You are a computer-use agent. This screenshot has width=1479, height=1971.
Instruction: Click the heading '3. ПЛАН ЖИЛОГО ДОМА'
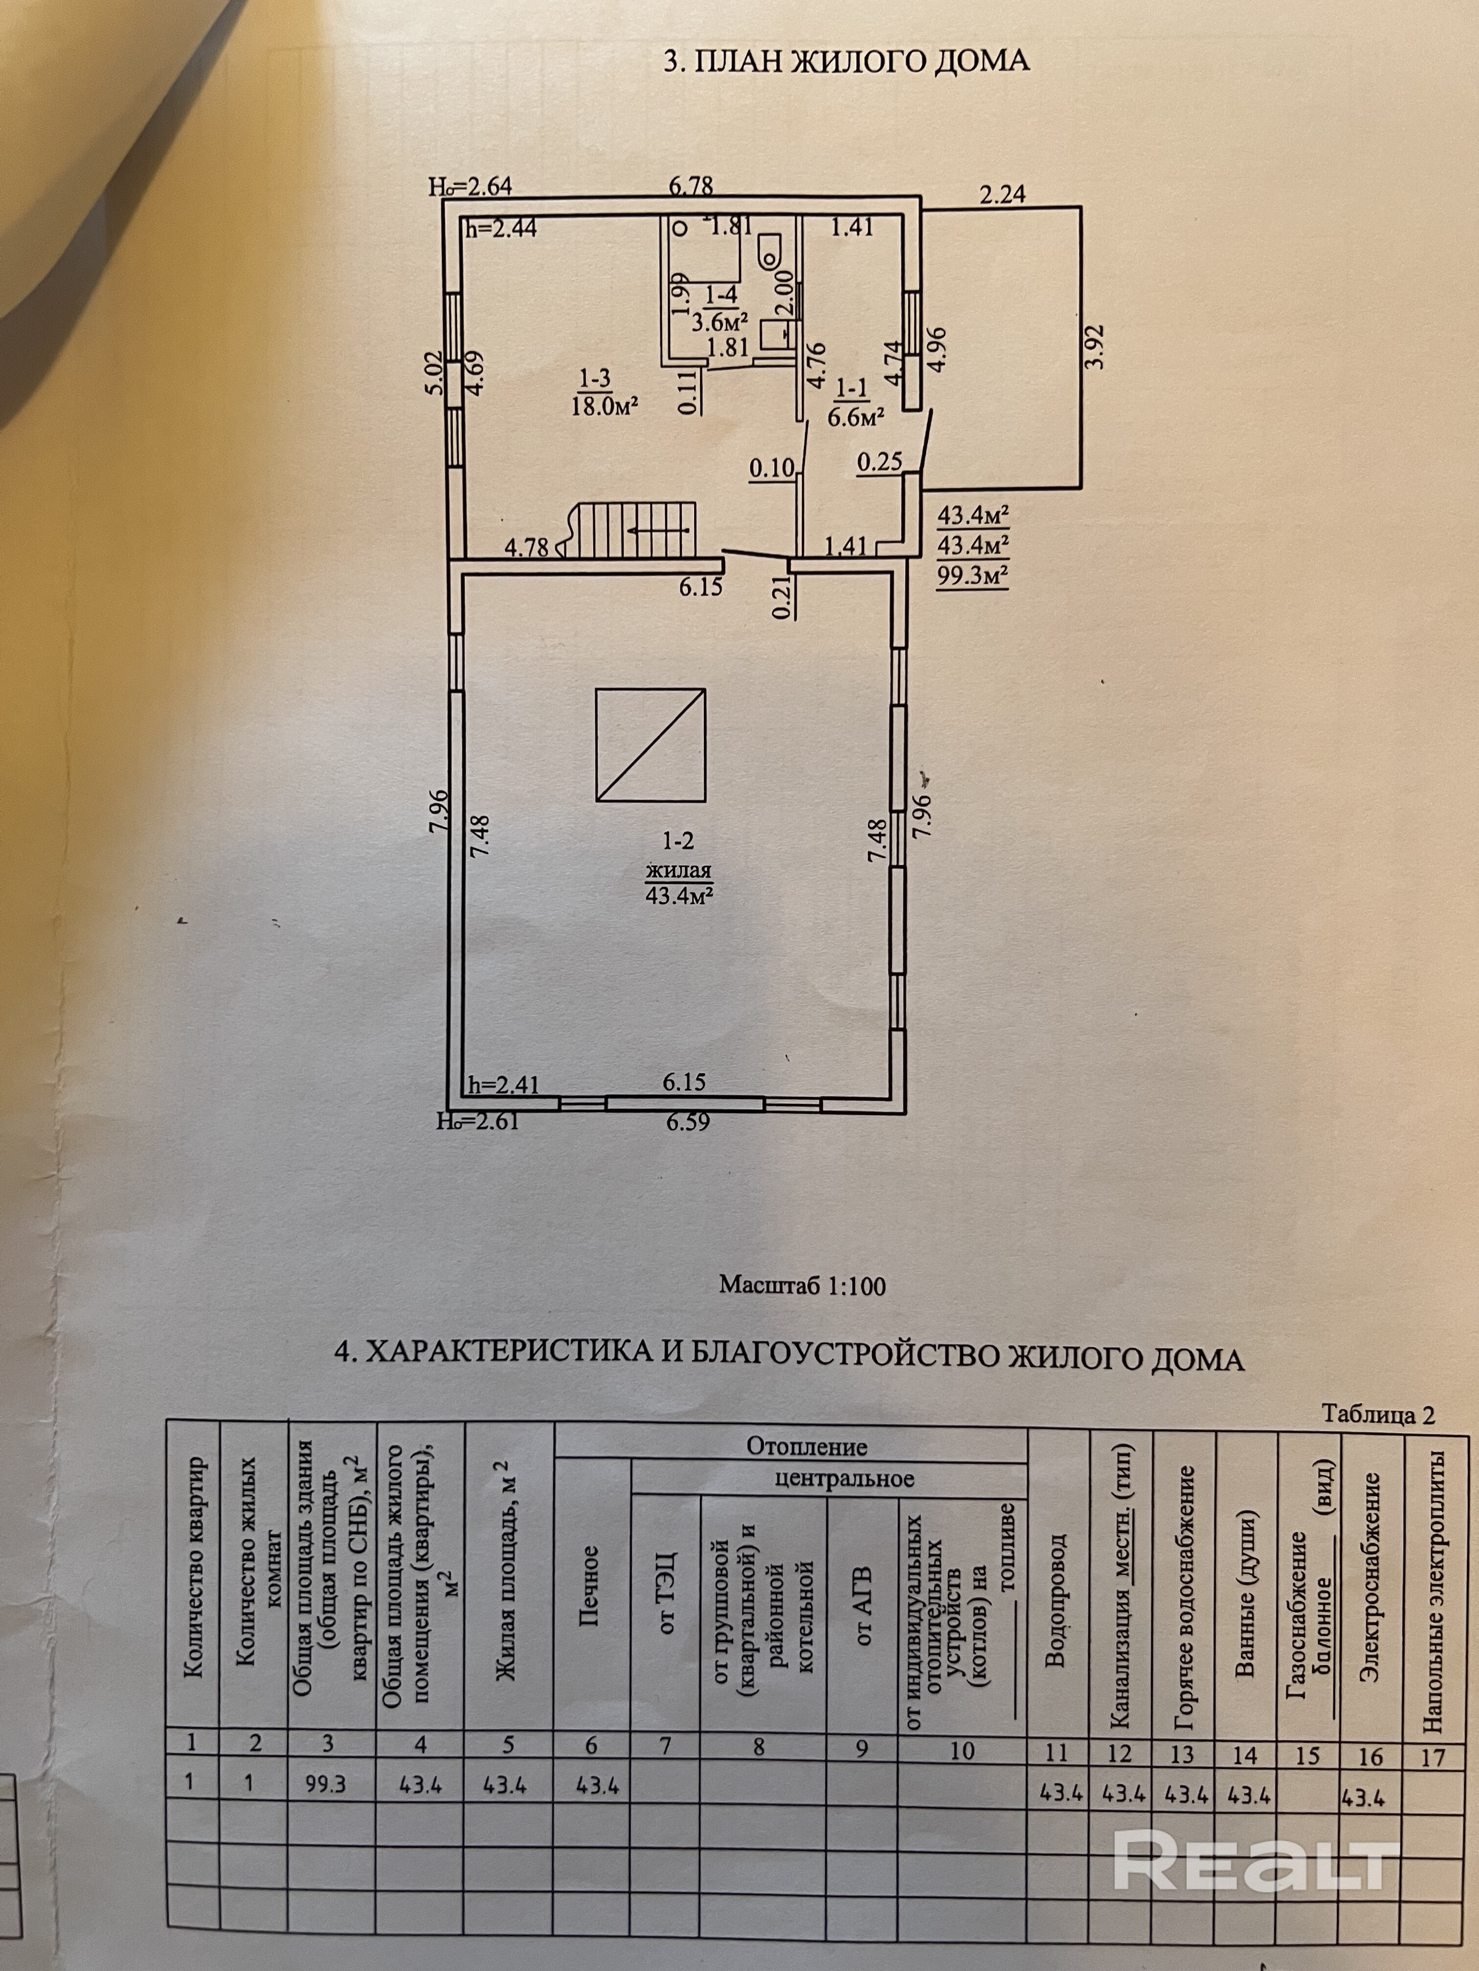click(847, 63)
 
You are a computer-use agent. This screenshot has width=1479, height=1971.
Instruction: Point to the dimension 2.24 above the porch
click(1003, 194)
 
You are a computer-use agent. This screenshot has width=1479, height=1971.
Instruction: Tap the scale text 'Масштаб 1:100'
click(803, 1286)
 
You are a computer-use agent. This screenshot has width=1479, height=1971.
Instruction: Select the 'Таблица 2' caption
click(1378, 1415)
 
